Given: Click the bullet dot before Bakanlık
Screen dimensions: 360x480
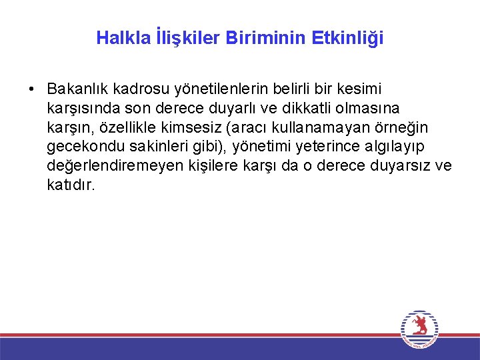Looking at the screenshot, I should click(31, 89).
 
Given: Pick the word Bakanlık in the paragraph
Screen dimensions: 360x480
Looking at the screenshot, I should click(78, 89).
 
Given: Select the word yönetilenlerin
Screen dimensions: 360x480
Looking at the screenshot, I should click(213, 89).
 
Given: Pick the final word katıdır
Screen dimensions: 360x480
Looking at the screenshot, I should click(71, 184).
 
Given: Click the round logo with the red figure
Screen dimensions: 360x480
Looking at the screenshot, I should click(419, 328).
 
